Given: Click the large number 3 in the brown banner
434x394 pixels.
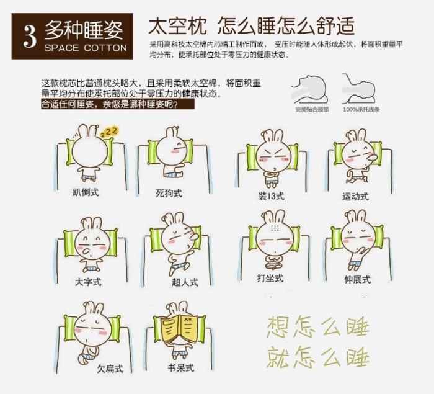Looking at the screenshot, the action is point(30,37).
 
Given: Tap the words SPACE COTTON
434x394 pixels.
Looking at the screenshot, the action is point(86,48).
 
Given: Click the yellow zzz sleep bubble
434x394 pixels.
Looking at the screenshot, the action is point(109,132).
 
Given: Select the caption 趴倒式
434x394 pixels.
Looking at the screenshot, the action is point(86,192).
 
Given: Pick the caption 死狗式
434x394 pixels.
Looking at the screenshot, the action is point(169,193).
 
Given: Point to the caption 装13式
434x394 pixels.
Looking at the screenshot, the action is point(272,196).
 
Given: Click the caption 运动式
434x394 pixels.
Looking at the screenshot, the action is point(355,197).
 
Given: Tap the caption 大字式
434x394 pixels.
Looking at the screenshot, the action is point(88,282).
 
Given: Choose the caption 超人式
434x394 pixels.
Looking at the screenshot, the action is point(185,282).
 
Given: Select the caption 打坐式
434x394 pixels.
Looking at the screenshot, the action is point(270,278).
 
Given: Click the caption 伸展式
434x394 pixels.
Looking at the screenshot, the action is point(357,279).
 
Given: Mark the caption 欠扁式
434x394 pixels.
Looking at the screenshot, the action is point(110,369).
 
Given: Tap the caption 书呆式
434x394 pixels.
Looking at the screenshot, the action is point(181,368).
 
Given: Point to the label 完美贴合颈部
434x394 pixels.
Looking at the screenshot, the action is point(312,110).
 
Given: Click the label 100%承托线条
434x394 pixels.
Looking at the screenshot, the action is point(361,110).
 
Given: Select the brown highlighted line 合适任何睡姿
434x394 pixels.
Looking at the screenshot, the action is point(118,104).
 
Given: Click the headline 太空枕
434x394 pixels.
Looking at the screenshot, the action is point(177,26).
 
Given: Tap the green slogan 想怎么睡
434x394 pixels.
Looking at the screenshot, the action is point(318,327).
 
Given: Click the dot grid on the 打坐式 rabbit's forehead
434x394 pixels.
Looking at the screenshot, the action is point(275,228).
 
